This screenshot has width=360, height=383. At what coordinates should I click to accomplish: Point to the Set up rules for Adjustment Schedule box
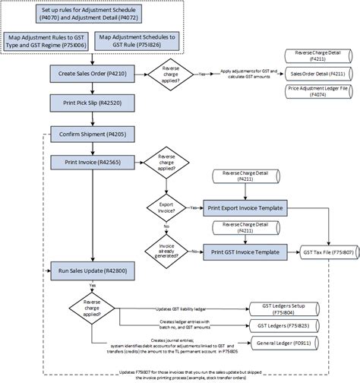[92, 12]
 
